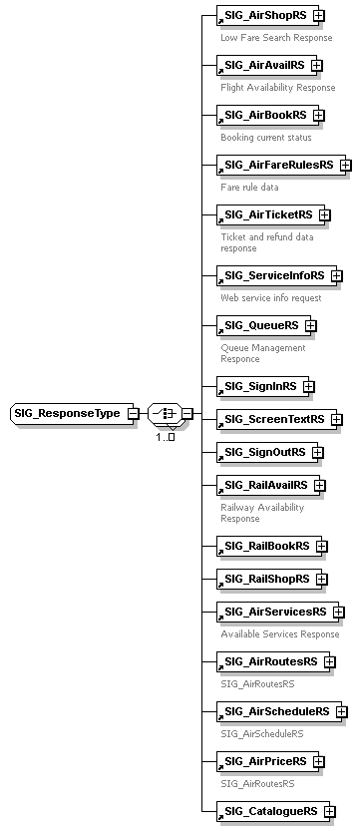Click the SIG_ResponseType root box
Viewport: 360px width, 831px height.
(x=68, y=413)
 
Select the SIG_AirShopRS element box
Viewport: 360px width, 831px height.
(x=264, y=16)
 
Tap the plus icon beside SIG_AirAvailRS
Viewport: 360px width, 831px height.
(x=316, y=66)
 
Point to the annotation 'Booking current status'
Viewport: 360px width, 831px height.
(x=266, y=138)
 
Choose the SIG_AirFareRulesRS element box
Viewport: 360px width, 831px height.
(x=277, y=165)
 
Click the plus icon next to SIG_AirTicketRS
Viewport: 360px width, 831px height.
(x=324, y=214)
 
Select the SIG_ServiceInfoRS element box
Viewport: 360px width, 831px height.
(x=274, y=275)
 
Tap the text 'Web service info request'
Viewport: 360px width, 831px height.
(x=271, y=298)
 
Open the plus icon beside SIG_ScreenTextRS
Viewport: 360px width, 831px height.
(x=336, y=420)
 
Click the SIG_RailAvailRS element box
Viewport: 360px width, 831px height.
(x=265, y=486)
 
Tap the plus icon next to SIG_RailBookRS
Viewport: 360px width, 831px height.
(x=321, y=546)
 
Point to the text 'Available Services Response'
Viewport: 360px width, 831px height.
(x=280, y=634)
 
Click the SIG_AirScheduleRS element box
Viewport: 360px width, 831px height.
(x=276, y=683)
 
